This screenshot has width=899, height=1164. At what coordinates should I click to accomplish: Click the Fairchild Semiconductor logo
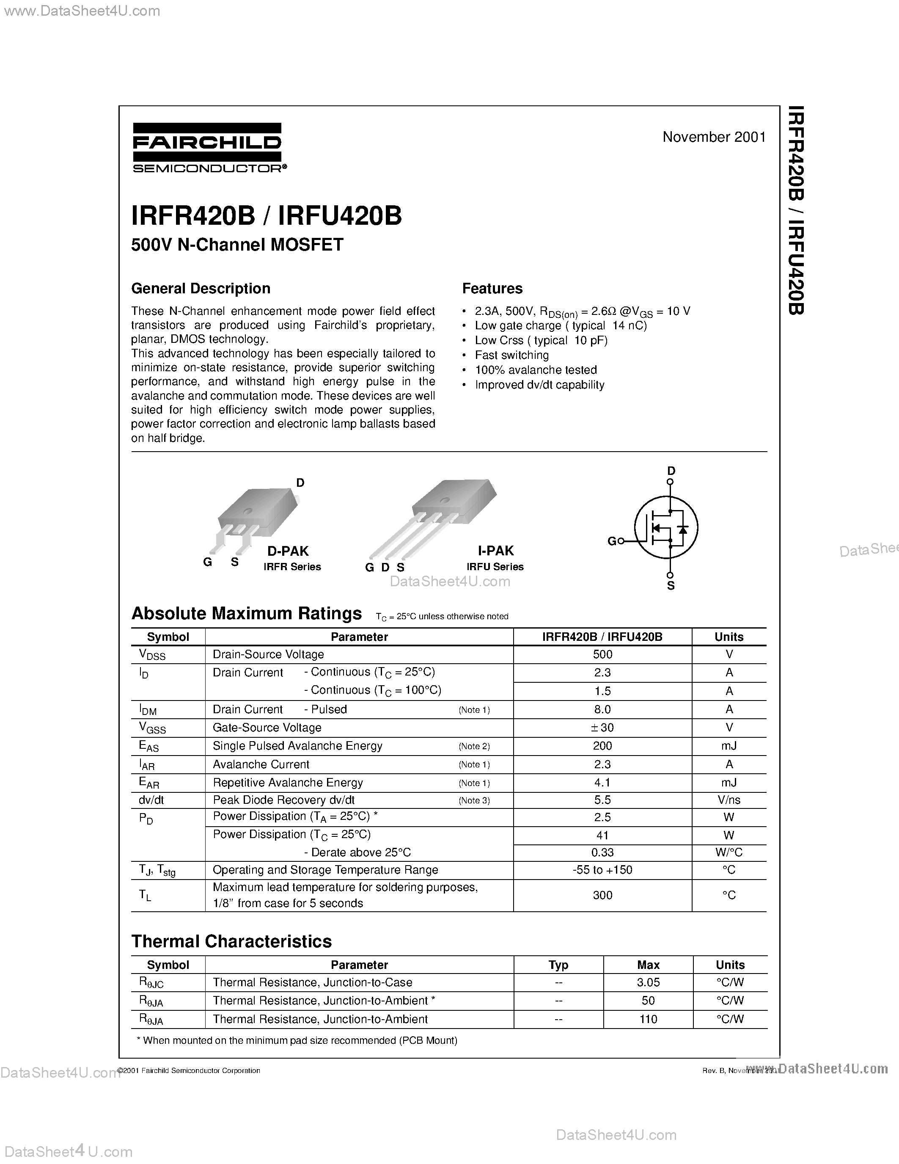tap(207, 148)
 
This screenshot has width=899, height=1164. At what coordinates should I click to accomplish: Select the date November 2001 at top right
tap(714, 137)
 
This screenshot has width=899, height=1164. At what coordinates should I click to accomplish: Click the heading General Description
tap(201, 288)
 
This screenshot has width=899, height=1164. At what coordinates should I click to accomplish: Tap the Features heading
tap(492, 288)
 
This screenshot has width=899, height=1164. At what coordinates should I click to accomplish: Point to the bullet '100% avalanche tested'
tap(536, 370)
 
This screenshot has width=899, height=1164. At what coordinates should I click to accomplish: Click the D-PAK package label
tap(288, 551)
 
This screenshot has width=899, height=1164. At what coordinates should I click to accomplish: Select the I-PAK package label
tap(495, 551)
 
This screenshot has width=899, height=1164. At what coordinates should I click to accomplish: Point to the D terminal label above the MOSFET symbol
tap(671, 471)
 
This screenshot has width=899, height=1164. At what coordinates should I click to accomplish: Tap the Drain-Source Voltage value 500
tap(602, 654)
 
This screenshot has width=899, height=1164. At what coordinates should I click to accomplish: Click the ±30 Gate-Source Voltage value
tap(602, 728)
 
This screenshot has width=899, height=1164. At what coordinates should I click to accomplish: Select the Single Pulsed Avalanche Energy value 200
tap(602, 746)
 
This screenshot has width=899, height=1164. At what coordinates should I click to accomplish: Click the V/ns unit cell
tap(729, 800)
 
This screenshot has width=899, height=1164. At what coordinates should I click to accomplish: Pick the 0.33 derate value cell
tap(602, 852)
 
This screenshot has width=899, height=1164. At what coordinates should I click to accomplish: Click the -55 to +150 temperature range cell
tap(602, 870)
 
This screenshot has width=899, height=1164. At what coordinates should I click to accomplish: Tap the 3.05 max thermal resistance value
tap(648, 982)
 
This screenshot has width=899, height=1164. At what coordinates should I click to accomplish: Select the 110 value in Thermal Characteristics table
tap(648, 1019)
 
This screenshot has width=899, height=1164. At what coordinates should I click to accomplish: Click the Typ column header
tap(558, 965)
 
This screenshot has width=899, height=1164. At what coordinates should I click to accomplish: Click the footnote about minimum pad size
tap(297, 1040)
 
